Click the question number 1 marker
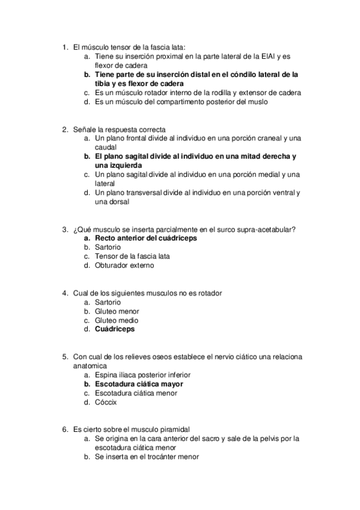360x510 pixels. click(x=65, y=47)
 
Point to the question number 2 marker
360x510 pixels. click(x=65, y=129)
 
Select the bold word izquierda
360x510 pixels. click(x=118, y=165)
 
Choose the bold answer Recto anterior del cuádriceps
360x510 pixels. click(x=146, y=238)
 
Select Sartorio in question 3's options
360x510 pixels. click(x=108, y=247)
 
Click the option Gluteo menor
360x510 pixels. click(x=117, y=312)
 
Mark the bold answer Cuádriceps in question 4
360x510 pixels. click(x=115, y=330)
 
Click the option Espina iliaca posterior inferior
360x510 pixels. click(x=142, y=375)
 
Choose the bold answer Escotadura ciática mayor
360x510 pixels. click(x=139, y=384)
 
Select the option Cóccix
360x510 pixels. click(x=106, y=402)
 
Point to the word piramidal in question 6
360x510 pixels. click(x=174, y=430)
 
